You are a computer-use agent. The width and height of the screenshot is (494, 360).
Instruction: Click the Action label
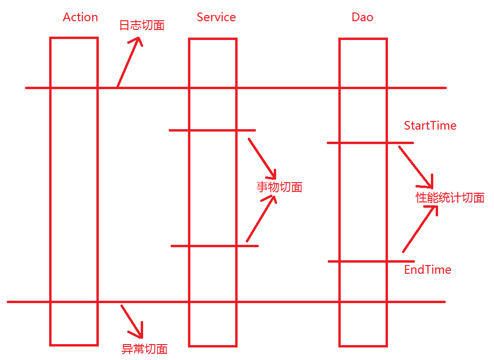coord(80,17)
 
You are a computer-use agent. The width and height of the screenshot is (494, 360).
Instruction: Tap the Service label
coord(216,17)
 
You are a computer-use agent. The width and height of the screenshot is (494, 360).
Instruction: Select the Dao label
coord(362,17)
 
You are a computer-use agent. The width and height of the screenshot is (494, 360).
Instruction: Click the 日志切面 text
coord(142,26)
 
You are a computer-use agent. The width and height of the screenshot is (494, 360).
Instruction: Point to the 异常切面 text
coord(144,349)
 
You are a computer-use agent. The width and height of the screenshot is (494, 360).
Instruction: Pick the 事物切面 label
coord(280,187)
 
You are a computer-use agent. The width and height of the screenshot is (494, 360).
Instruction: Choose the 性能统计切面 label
coord(450,198)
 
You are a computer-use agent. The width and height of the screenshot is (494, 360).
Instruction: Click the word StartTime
coord(430,126)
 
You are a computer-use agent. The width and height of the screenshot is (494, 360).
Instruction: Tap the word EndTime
coord(427,269)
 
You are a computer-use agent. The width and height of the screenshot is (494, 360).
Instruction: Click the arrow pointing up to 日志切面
coord(129,63)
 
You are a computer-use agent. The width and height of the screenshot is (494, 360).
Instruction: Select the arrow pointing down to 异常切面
coord(132,321)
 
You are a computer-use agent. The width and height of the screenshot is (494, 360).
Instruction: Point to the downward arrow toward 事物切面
coord(262,159)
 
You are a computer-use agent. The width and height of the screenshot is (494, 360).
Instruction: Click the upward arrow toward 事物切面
coord(261,219)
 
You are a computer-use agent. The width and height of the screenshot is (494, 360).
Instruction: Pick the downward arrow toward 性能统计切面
coord(415,167)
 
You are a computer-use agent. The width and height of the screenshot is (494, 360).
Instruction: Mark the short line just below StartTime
coord(370,143)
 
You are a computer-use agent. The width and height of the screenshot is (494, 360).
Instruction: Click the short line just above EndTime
coord(370,261)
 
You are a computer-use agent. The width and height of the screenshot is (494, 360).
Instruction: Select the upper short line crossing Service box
coord(212,130)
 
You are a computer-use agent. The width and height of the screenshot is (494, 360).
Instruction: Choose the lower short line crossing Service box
coord(214,246)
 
